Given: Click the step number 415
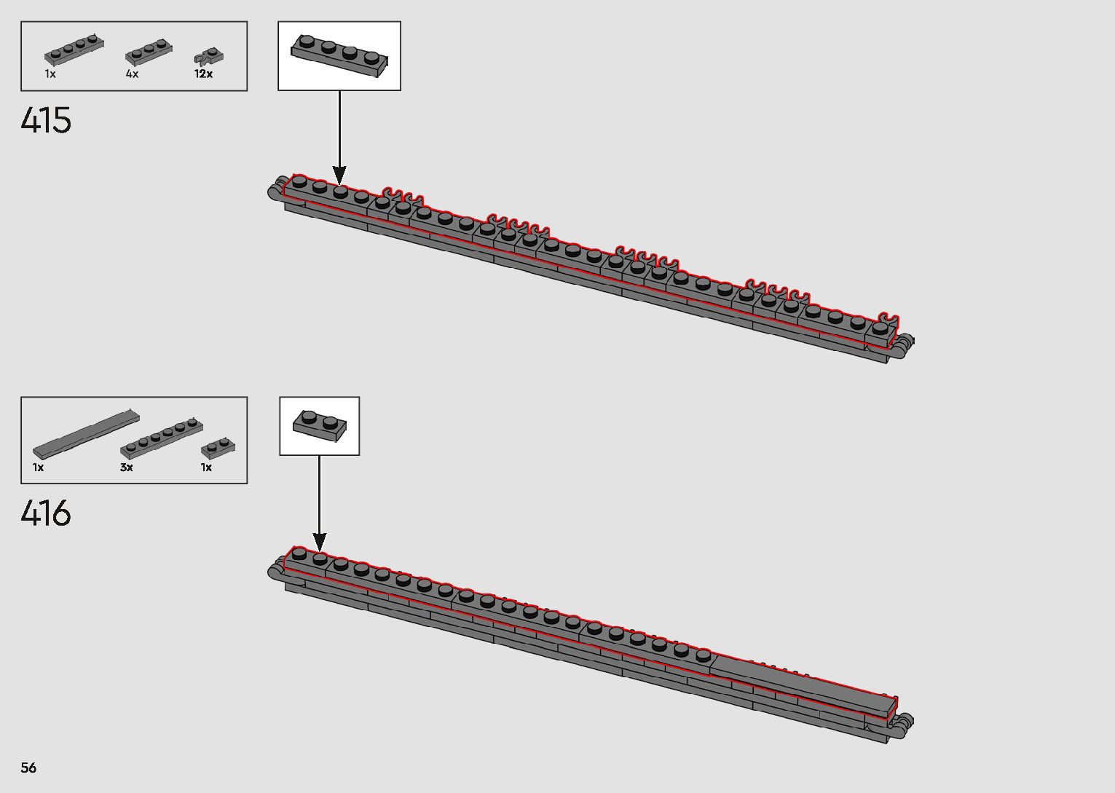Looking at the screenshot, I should (46, 121).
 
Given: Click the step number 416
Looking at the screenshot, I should (46, 514).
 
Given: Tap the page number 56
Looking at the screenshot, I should (28, 768).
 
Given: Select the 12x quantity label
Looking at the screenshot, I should (203, 74).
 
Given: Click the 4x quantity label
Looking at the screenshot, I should (132, 74).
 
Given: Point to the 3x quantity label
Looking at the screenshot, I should (127, 467).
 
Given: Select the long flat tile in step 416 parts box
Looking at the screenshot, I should (86, 434).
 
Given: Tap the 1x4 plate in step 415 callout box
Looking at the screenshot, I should (339, 55).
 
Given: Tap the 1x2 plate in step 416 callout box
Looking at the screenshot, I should (319, 425).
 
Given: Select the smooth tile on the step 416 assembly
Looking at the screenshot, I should (801, 681).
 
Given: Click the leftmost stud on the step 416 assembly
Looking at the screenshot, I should (299, 554).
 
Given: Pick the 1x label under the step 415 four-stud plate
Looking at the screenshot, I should (50, 74).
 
